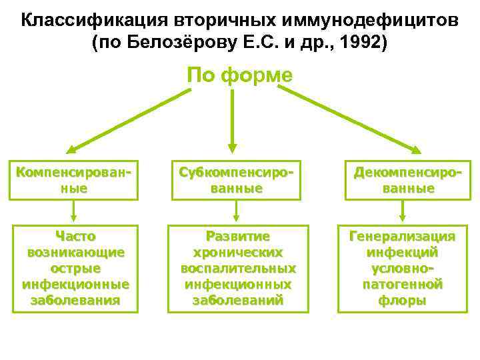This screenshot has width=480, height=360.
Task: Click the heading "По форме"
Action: click(x=239, y=75)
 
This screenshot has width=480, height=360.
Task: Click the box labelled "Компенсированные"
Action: click(x=73, y=180)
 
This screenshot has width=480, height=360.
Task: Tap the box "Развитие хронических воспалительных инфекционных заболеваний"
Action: click(x=238, y=268)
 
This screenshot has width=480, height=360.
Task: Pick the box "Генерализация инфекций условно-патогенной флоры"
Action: click(x=402, y=268)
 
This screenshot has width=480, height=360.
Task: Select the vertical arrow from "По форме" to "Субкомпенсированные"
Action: click(x=232, y=120)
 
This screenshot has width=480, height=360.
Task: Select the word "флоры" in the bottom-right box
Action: click(x=402, y=300)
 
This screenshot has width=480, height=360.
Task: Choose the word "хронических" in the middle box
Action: click(x=238, y=253)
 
